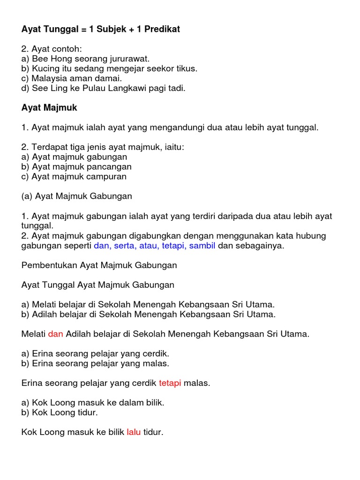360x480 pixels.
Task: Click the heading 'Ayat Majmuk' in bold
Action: click(x=49, y=108)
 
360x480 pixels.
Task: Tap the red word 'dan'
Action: click(x=55, y=334)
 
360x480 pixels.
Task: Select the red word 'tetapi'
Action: click(x=170, y=383)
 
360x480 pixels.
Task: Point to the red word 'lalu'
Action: click(x=134, y=432)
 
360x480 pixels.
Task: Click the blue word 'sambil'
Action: click(x=202, y=246)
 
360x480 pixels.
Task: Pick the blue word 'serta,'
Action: click(x=122, y=246)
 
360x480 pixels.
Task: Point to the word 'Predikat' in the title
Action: click(x=162, y=29)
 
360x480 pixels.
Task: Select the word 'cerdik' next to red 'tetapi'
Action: click(x=144, y=383)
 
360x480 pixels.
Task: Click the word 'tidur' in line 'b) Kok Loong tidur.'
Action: click(x=88, y=412)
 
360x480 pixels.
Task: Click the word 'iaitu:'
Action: click(x=173, y=147)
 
